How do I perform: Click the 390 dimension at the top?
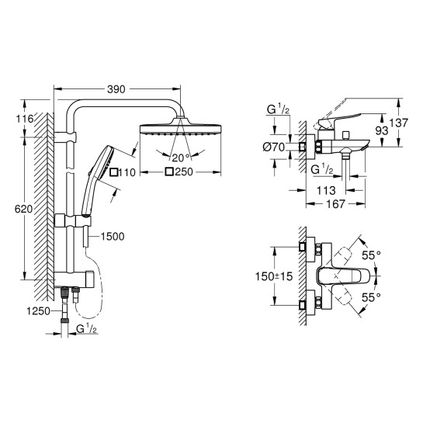coord(116,89)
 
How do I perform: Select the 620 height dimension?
coord(23,209)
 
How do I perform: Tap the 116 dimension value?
coord(25,119)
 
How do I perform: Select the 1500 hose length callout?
coord(113,236)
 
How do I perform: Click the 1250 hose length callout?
coord(38,311)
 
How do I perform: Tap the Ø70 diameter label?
coord(274,147)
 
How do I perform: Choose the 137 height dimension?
coord(399,123)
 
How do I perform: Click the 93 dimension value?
coord(382,131)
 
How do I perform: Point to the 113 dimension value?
coord(326,190)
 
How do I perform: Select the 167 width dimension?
coord(335,203)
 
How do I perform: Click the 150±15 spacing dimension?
coord(274,276)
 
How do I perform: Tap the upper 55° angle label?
coord(371,255)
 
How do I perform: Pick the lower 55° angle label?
coord(371,297)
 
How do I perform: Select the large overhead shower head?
coord(180,128)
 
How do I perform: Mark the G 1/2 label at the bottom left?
coord(87,329)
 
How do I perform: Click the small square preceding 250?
coord(169,172)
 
